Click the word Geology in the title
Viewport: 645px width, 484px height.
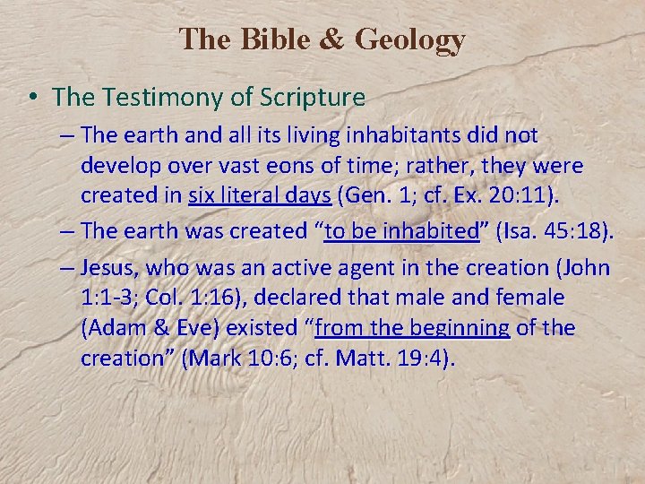coord(410,39)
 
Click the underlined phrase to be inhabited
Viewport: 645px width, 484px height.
coord(401,231)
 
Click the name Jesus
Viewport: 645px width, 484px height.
coord(109,268)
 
